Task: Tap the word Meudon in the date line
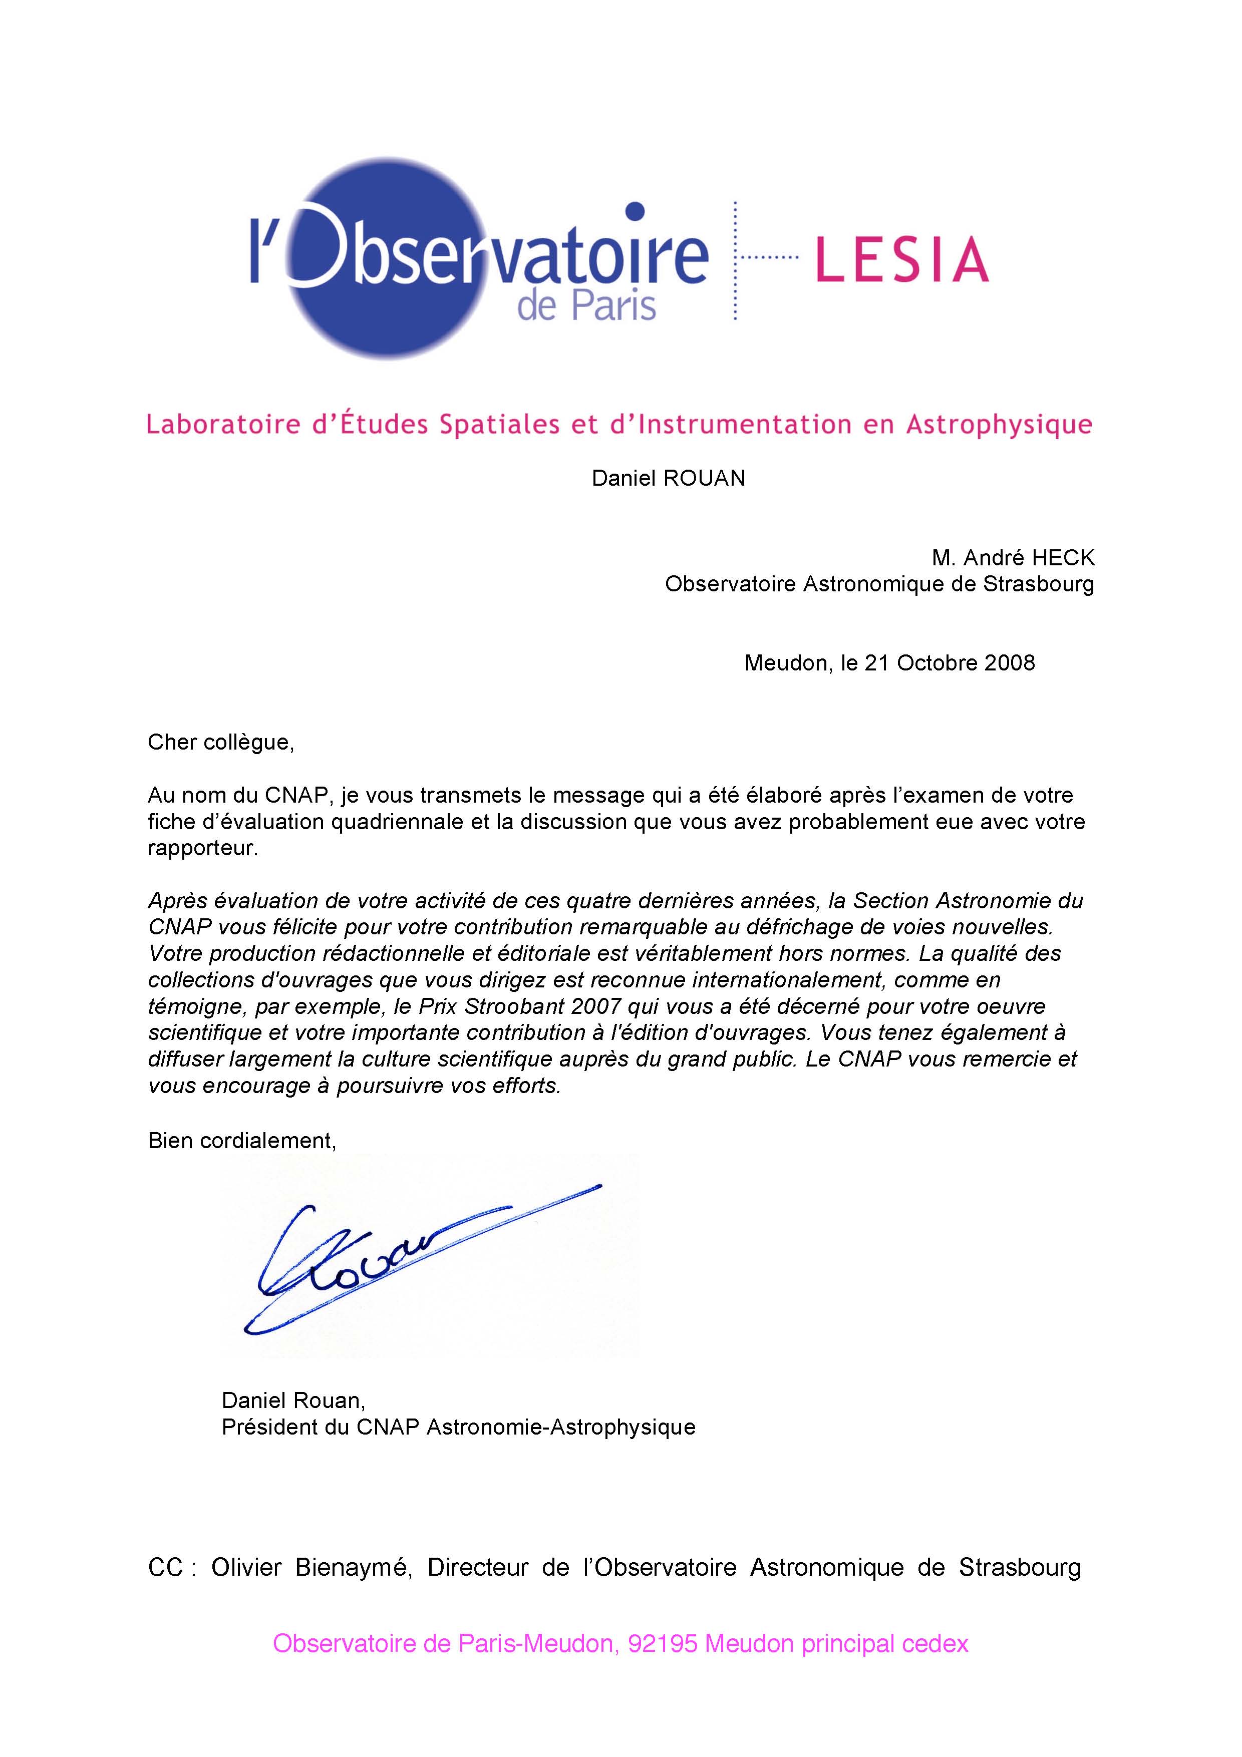pyautogui.click(x=785, y=663)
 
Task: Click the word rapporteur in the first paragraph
pyautogui.click(x=202, y=849)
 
